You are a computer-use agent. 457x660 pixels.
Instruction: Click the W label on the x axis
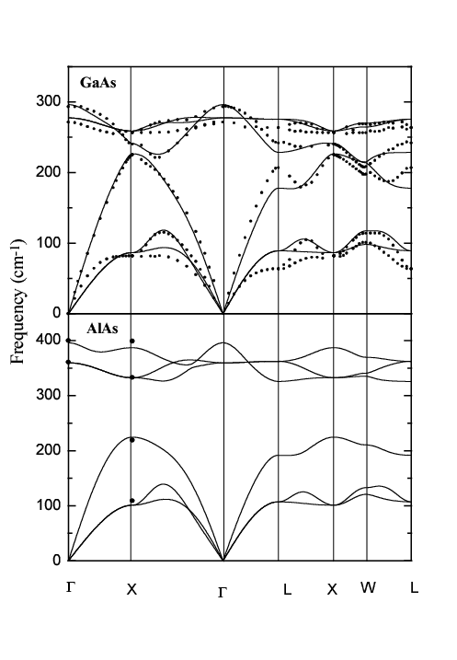(x=369, y=588)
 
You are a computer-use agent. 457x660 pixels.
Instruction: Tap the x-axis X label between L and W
(x=332, y=588)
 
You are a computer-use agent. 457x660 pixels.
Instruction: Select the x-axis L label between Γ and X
(x=287, y=589)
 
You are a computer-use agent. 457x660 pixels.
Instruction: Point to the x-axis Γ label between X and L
(x=223, y=591)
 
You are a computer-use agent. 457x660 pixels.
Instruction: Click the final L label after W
(x=414, y=588)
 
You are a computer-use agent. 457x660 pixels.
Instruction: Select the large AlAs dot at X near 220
(x=132, y=440)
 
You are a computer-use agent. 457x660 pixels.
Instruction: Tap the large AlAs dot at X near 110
(x=132, y=501)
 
